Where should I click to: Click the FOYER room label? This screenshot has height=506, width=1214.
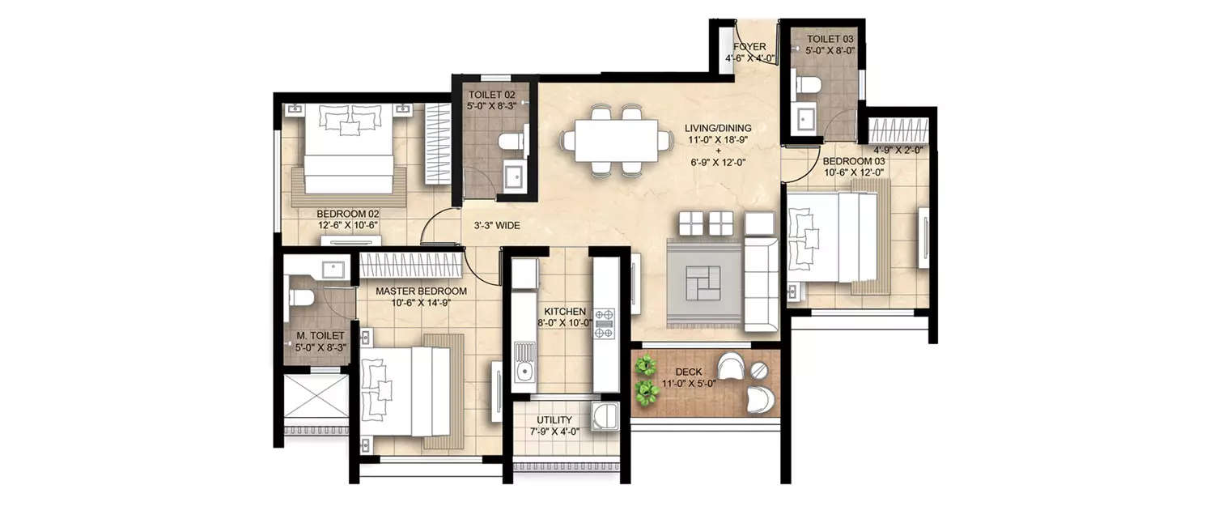click(749, 47)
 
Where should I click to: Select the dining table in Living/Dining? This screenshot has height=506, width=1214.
click(618, 141)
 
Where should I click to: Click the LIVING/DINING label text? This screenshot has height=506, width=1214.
click(717, 128)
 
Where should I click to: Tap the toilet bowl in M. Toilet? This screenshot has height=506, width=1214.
click(301, 297)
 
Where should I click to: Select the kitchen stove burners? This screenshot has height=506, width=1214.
click(604, 323)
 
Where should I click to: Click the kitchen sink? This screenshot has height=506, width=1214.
click(524, 364)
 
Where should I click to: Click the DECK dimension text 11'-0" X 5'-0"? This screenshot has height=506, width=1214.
click(688, 385)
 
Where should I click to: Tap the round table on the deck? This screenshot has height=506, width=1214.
click(759, 370)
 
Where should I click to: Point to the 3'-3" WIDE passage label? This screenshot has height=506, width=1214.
click(497, 227)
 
